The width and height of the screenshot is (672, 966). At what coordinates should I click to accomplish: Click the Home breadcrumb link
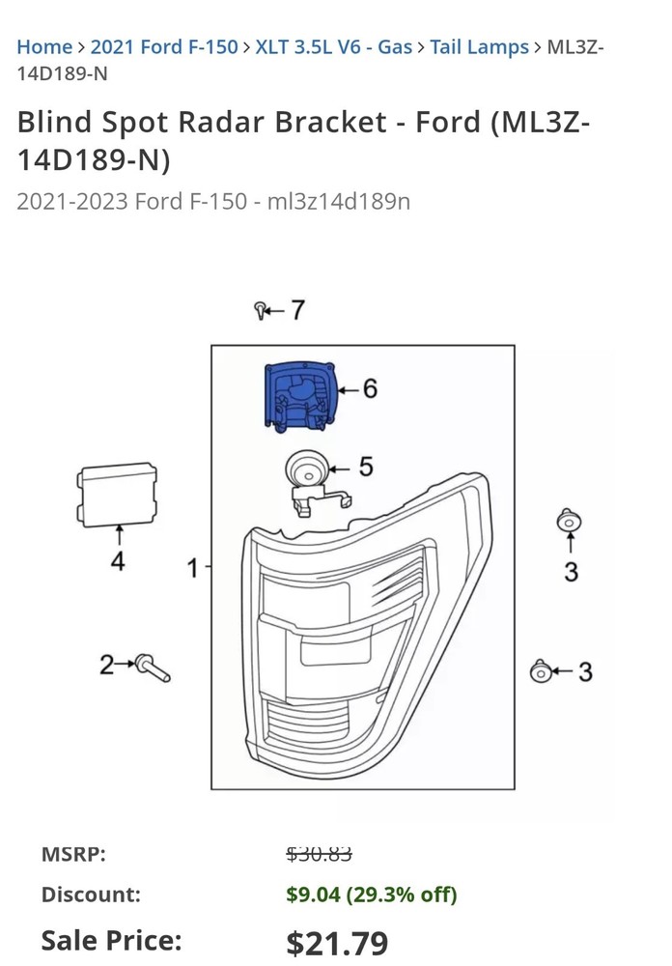44,46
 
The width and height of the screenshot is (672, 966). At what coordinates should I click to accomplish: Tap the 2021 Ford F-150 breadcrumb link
163,46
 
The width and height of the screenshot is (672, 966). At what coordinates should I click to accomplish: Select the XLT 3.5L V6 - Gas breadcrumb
333,46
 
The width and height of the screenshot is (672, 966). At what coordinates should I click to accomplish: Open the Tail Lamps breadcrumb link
479,46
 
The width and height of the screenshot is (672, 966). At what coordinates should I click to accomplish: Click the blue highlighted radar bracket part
300,395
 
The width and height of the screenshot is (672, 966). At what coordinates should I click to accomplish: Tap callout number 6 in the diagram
370,389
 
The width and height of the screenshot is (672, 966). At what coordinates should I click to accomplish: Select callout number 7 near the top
296,310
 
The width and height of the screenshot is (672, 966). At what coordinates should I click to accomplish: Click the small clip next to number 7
261,310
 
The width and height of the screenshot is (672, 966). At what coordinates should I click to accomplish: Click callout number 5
366,468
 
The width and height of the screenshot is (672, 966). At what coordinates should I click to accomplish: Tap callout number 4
118,561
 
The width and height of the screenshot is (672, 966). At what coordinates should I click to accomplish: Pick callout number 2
106,665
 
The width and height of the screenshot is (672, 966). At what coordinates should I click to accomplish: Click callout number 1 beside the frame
192,568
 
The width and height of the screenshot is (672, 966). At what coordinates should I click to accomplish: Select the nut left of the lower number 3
541,671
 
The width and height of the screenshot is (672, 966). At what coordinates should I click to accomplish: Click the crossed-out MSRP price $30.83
319,854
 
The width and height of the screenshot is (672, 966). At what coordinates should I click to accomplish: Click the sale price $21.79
337,942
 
